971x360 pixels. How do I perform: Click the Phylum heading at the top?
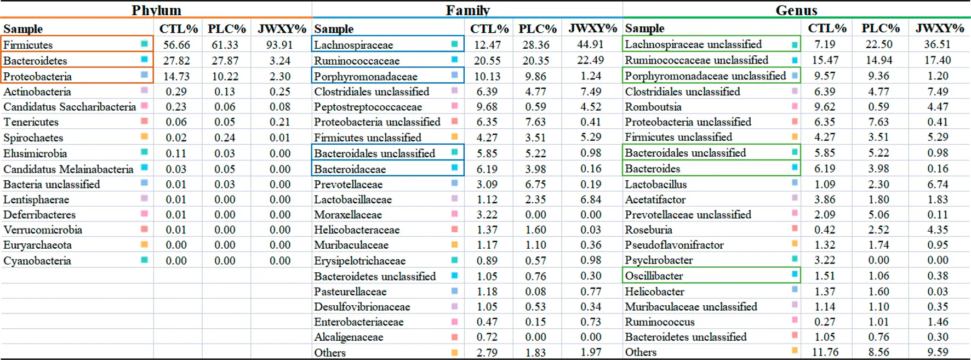point(156,10)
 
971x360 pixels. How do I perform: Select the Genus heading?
point(796,10)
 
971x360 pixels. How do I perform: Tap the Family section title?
point(467,10)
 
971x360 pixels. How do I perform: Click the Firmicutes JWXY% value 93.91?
point(279,45)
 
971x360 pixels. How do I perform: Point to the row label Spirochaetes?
point(33,138)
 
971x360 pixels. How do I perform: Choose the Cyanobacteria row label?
point(37,261)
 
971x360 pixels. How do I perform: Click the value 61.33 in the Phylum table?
point(225,45)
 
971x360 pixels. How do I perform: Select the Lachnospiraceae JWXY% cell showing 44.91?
point(590,44)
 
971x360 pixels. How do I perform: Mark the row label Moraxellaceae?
point(348,215)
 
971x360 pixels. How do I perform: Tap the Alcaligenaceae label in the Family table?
point(349,337)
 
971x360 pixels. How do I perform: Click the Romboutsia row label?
point(653,107)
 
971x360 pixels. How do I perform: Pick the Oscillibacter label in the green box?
point(654,276)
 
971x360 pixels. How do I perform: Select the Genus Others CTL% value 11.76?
point(825,352)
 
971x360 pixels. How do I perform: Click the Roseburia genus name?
point(649,230)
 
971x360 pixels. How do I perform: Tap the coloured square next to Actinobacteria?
point(144,90)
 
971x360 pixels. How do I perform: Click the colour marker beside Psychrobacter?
point(795,259)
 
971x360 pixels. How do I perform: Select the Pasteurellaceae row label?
point(350,292)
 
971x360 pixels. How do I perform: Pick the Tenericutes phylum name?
point(31,122)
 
